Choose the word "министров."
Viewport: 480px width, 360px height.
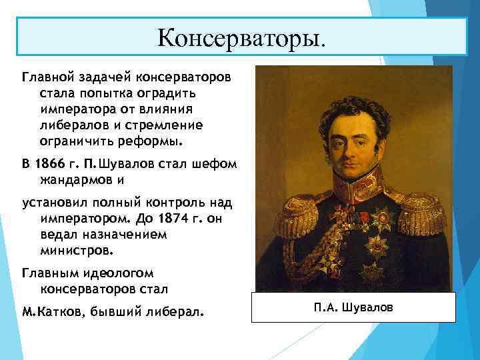[x=77, y=252]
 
